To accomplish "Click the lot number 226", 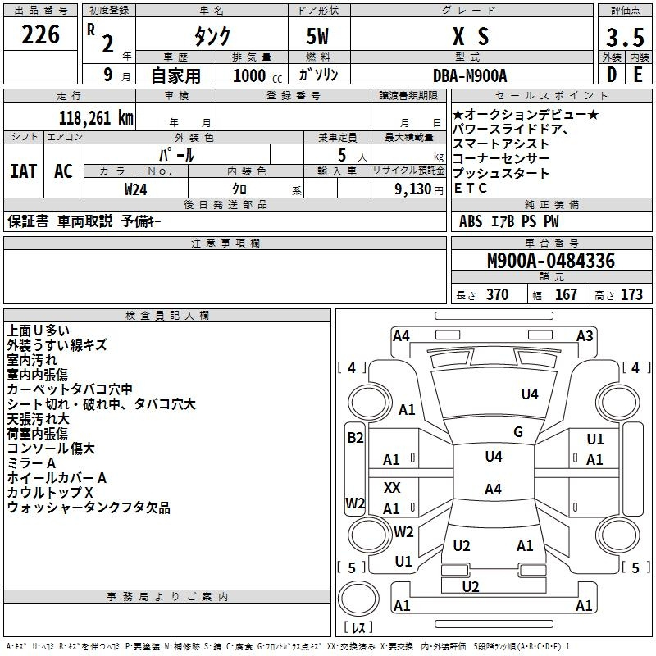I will [41, 35].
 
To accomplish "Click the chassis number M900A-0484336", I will [550, 262].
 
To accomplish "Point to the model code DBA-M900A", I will [470, 75].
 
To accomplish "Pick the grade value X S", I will [470, 36].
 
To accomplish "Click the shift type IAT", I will [23, 171].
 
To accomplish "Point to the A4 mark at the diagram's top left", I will [401, 335].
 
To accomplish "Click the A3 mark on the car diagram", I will [585, 335].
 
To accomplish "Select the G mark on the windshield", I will [518, 432].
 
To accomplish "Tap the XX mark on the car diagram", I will [392, 488].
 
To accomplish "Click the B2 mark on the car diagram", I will [355, 438].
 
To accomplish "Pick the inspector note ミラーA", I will [32, 463].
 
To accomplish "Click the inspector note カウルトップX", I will [50, 493].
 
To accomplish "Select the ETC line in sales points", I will [470, 188].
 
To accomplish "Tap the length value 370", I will [498, 295].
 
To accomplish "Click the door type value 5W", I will [318, 36].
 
